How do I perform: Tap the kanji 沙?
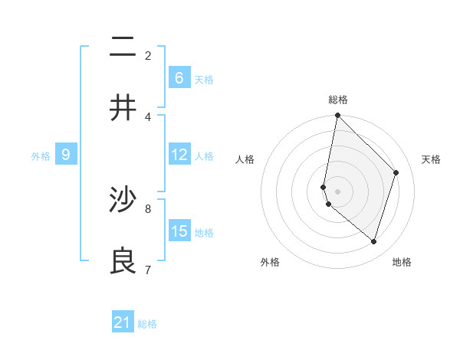[x=123, y=200]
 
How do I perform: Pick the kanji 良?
[x=123, y=261]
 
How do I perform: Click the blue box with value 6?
[x=179, y=77]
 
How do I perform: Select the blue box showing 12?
[x=179, y=154]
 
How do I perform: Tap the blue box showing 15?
[x=179, y=231]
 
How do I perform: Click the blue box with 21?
[x=123, y=322]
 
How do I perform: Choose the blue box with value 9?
[x=66, y=155]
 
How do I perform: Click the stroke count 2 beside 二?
[x=148, y=55]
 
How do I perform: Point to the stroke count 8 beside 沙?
[x=148, y=208]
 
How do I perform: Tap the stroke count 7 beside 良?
[x=148, y=269]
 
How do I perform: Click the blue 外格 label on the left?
[x=41, y=155]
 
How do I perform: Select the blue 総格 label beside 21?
[x=147, y=324]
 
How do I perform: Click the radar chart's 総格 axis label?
[x=337, y=100]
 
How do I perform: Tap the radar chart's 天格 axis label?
[x=431, y=159]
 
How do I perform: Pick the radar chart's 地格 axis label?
[x=402, y=262]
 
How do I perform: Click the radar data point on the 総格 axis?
[x=337, y=116]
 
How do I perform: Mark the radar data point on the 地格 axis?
[x=373, y=241]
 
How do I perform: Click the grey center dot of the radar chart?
[x=337, y=191]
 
